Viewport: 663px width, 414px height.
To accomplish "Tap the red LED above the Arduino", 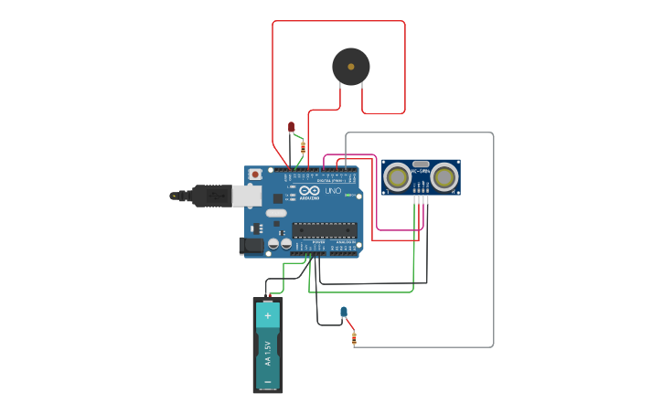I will [x=292, y=127].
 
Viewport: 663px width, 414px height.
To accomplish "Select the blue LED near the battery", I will [x=344, y=313].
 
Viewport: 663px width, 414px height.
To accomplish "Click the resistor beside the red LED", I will [x=303, y=146].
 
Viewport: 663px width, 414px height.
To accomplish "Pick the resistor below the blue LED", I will [x=354, y=338].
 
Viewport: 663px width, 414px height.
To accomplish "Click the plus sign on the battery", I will [x=268, y=315].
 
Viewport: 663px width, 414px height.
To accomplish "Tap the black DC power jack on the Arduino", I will [x=251, y=245].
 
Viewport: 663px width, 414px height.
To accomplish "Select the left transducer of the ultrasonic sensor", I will [x=397, y=176].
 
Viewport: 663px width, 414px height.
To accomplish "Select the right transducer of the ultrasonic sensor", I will [x=444, y=176].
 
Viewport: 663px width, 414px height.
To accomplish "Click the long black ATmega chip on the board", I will [x=325, y=230].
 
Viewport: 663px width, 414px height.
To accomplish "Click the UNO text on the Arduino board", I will [x=333, y=191].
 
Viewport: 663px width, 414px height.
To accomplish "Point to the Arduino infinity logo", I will [x=309, y=190].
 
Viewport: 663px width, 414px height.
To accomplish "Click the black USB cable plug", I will [x=210, y=196].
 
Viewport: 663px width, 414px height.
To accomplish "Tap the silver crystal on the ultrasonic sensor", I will [x=421, y=164].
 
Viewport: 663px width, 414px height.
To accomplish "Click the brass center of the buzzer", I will [x=351, y=67].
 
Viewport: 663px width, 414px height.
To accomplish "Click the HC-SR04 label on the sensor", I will [x=421, y=172].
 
